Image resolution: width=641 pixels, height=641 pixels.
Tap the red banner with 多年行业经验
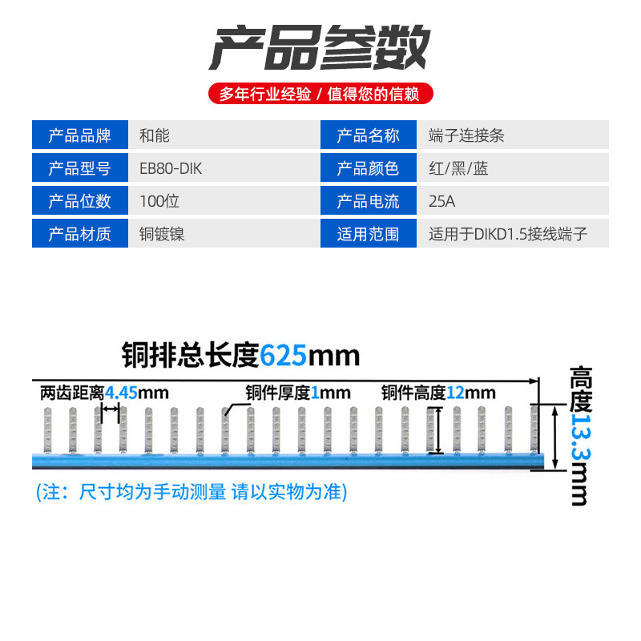320,94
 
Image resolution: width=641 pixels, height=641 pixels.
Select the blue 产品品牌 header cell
80,135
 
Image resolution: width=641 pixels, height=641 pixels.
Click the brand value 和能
155,135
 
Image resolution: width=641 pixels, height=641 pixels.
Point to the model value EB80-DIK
165,168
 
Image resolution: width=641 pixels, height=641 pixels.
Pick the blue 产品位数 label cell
80,201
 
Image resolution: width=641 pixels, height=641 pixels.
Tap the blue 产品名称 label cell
368,135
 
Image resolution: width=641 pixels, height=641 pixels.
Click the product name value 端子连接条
466,135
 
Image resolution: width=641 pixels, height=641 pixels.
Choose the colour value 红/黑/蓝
458,168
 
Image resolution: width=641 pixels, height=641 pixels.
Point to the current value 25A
442,201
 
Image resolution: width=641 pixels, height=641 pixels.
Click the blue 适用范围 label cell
368,234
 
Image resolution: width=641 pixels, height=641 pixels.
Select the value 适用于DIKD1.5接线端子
508,234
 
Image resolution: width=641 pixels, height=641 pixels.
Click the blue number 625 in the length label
284,353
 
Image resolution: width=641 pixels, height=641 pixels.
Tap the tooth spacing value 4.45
122,393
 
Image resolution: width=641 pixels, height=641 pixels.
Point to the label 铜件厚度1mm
298,393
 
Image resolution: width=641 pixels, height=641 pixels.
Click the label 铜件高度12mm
438,393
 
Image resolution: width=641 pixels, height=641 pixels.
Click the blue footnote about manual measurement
192,492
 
